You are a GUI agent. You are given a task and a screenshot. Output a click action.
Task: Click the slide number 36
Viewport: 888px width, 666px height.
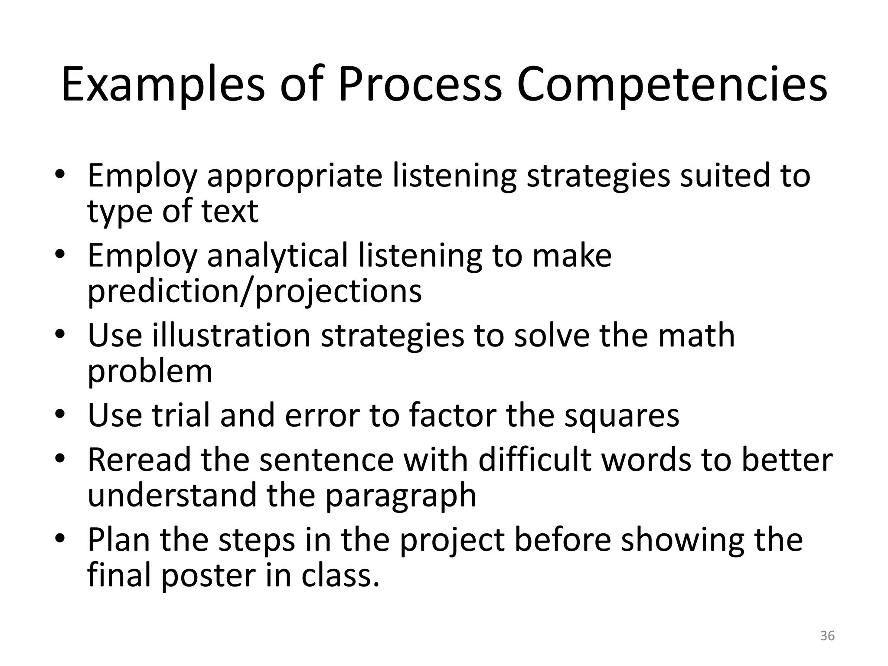(827, 636)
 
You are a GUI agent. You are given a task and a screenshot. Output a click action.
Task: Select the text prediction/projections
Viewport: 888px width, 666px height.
(255, 291)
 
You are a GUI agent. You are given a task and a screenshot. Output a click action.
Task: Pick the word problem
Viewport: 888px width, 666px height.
(150, 372)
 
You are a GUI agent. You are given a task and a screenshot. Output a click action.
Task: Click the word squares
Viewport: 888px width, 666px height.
(621, 415)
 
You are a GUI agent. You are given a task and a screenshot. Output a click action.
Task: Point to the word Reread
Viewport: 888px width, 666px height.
(139, 459)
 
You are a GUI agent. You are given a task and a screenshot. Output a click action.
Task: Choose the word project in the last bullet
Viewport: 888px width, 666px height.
(452, 540)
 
